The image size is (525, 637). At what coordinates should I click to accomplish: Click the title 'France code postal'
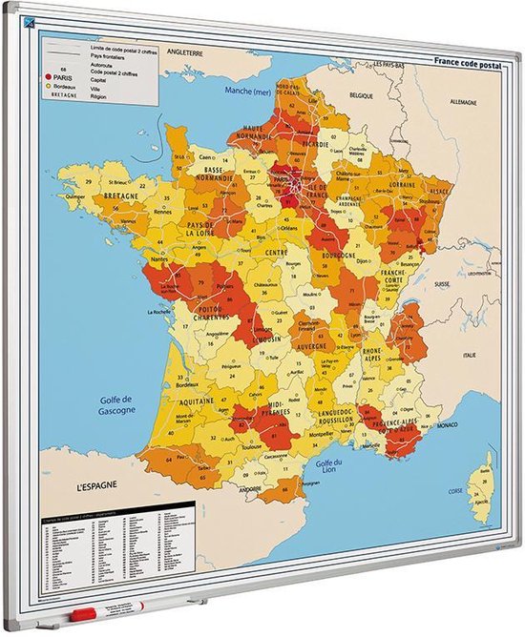pyautogui.click(x=466, y=63)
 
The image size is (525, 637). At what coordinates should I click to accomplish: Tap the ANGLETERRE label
pyautogui.click(x=189, y=51)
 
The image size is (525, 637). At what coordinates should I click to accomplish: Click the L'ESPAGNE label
pyautogui.click(x=97, y=485)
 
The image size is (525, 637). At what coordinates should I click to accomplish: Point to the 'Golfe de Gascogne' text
pyautogui.click(x=113, y=403)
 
